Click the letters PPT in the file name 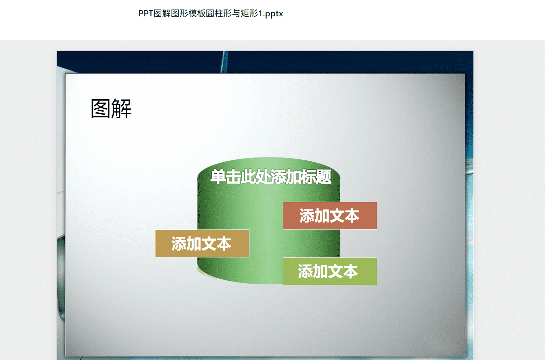pos(146,13)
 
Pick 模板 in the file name pos(197,13)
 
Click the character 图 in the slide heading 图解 pos(100,109)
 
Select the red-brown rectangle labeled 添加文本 pos(330,216)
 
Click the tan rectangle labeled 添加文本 pos(202,243)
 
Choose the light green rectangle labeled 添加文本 pos(330,271)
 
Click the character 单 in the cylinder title pos(218,177)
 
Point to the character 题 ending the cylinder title pos(323,177)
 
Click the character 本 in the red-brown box pos(352,216)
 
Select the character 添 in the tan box pos(179,244)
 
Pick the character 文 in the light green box pos(335,271)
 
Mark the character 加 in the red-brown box pos(322,216)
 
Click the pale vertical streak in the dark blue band pos(224,62)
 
